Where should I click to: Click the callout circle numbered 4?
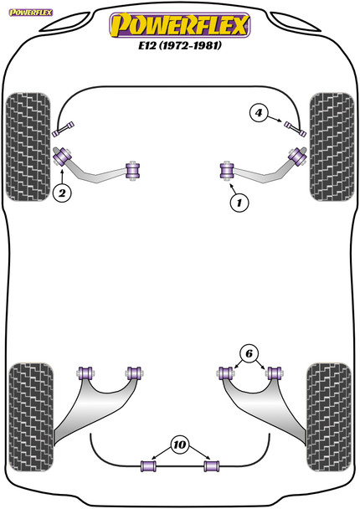(259, 113)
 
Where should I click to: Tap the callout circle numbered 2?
(62, 193)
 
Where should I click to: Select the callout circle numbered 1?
(239, 203)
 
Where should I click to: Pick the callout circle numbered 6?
(249, 353)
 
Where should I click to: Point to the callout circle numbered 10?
(179, 445)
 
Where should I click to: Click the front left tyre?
(28, 147)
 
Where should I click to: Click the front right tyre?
(332, 147)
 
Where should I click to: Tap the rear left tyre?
(31, 417)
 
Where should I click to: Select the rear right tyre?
(329, 417)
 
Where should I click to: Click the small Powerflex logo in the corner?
(31, 13)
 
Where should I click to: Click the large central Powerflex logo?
(180, 24)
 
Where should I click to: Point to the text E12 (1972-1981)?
(180, 45)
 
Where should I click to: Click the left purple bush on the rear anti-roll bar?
(148, 465)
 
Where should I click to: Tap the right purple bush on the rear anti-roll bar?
(211, 465)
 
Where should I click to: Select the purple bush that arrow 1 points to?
(227, 171)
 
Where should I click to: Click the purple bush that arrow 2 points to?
(62, 157)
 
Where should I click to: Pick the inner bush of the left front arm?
(133, 171)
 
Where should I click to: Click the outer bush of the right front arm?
(298, 157)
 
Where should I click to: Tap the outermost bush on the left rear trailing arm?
(85, 373)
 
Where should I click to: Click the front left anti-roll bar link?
(64, 128)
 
